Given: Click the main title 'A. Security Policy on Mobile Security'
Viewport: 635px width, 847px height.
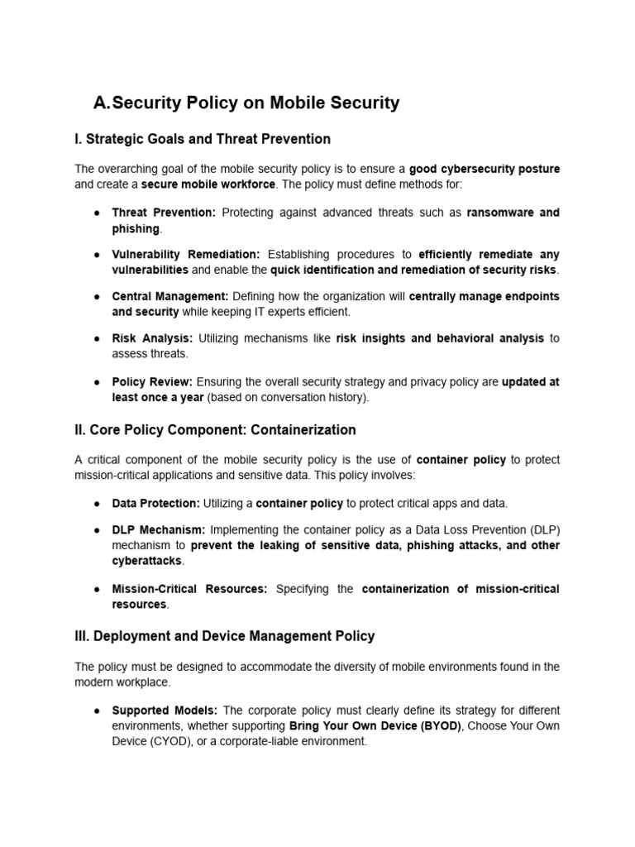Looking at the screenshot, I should pos(246,103).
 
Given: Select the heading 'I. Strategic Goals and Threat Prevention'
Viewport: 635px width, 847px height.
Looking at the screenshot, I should pos(203,139).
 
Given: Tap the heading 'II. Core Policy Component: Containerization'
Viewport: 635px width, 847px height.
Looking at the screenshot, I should pos(215,430).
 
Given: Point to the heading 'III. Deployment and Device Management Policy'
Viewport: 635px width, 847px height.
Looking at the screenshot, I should pos(224,636).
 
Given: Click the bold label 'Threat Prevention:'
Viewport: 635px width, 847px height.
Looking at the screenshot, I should pos(164,213).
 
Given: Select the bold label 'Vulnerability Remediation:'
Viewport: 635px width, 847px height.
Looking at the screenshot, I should pos(186,255).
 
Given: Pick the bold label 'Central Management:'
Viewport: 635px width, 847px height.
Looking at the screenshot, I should pos(169,296).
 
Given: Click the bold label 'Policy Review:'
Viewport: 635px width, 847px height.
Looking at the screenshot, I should pos(152,381).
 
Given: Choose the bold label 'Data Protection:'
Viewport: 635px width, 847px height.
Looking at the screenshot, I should pos(155,503).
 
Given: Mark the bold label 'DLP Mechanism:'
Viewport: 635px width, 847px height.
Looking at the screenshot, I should pos(159,529).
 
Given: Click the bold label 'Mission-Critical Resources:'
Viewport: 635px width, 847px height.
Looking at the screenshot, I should pos(189,589).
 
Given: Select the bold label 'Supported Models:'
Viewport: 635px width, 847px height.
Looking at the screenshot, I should pos(165,711).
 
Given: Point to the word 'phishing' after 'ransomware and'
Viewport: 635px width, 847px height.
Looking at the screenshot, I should pos(136,228).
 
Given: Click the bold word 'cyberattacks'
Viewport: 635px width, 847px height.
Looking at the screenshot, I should pos(148,561).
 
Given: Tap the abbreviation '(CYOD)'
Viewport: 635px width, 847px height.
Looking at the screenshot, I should pos(138,742).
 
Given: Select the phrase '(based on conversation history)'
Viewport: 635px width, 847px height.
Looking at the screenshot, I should pos(288,397).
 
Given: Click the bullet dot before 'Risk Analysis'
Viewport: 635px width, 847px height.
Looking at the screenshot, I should pos(97,338).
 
